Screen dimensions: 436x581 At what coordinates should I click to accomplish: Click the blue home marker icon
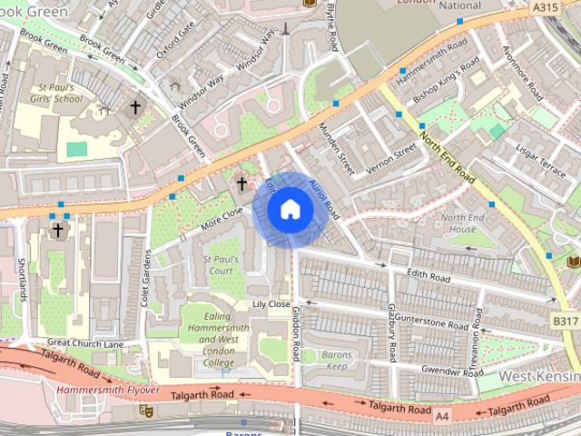[x=290, y=210]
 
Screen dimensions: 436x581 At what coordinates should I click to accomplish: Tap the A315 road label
[x=545, y=7]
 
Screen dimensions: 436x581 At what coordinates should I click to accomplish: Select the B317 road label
[x=565, y=322]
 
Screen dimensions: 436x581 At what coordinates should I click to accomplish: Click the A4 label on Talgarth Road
[x=442, y=416]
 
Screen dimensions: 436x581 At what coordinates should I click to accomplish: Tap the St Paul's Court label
[x=221, y=265]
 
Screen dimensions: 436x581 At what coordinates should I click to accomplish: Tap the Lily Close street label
[x=271, y=304]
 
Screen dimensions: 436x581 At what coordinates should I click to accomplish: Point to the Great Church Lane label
[x=84, y=343]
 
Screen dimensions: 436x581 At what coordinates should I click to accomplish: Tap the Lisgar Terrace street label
[x=539, y=156]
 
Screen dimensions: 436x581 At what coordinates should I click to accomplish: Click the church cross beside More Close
[x=241, y=184]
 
